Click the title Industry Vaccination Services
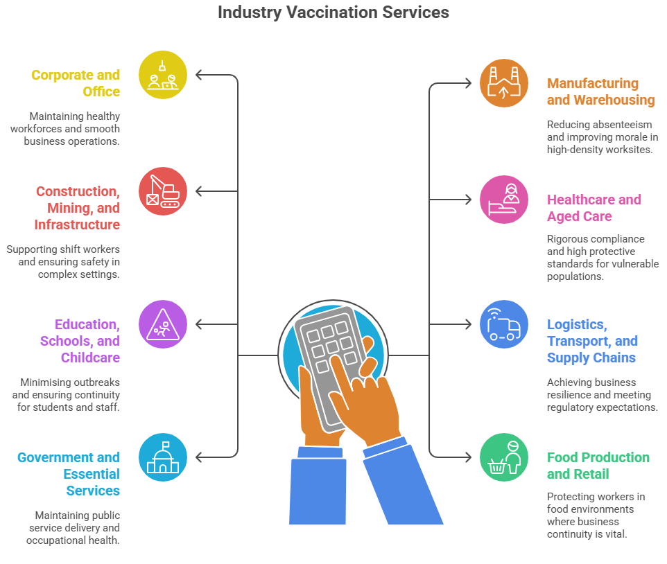[333, 12]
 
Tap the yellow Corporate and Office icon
[163, 75]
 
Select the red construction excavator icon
[163, 191]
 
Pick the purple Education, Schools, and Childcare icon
[163, 324]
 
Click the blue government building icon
[163, 457]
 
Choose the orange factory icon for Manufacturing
[504, 83]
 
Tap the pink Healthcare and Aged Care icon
[504, 200]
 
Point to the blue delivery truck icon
[504, 324]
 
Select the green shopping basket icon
[504, 457]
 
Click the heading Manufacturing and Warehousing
[600, 91]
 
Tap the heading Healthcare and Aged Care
[594, 208]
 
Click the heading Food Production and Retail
[598, 466]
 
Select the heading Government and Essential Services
[69, 474]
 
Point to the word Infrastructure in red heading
[77, 224]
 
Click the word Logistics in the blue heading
[577, 324]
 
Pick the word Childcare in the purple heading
[90, 358]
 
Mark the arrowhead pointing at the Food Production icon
[468, 457]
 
